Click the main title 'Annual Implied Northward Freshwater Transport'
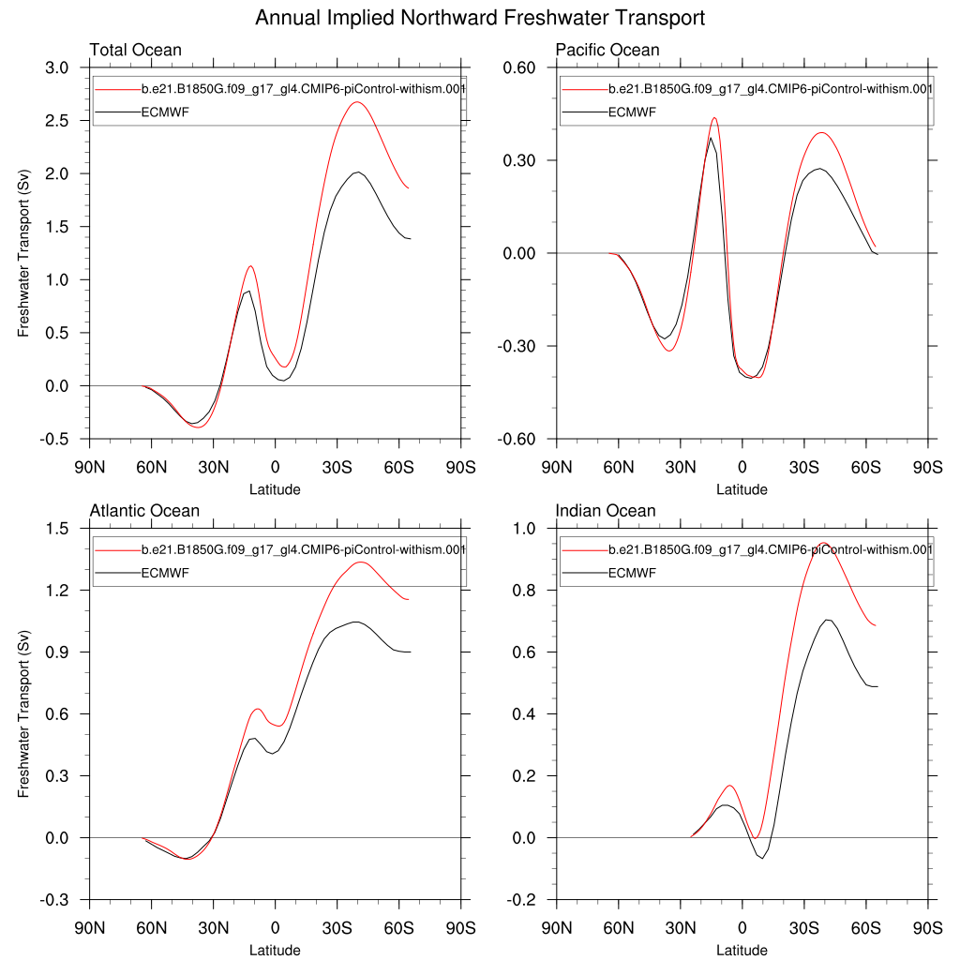(x=479, y=18)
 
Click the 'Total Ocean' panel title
(x=135, y=50)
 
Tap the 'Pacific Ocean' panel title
(x=607, y=50)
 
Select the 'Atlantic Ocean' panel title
(x=144, y=511)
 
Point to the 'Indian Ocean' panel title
(x=606, y=511)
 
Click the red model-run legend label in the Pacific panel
(x=770, y=89)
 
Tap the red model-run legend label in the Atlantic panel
(x=303, y=549)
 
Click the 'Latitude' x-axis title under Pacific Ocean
(x=742, y=489)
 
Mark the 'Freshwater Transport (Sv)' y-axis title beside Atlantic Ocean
(x=24, y=713)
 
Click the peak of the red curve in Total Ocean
(x=356, y=102)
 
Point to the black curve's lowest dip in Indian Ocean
(x=762, y=859)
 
